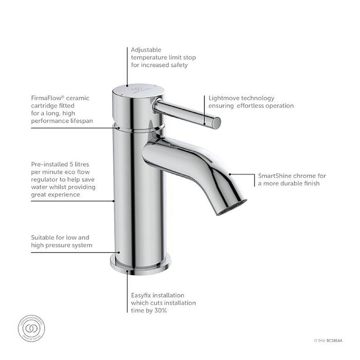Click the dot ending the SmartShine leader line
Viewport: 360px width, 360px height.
(229, 174)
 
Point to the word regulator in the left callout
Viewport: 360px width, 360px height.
(45, 180)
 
